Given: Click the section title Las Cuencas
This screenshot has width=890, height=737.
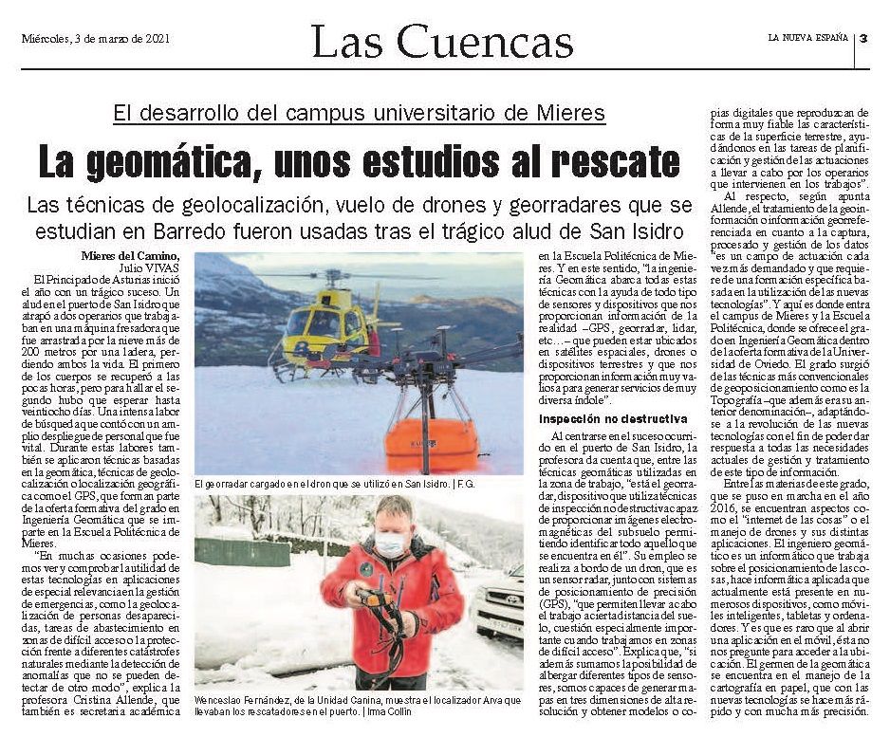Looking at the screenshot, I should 442,43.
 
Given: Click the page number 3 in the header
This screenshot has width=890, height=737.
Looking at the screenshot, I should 864,39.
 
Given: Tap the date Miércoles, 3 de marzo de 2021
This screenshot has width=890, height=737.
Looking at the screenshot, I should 95,39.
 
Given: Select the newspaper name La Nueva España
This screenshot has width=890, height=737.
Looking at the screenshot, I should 809,39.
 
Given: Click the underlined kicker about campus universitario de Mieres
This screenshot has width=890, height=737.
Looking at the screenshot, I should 359,114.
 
